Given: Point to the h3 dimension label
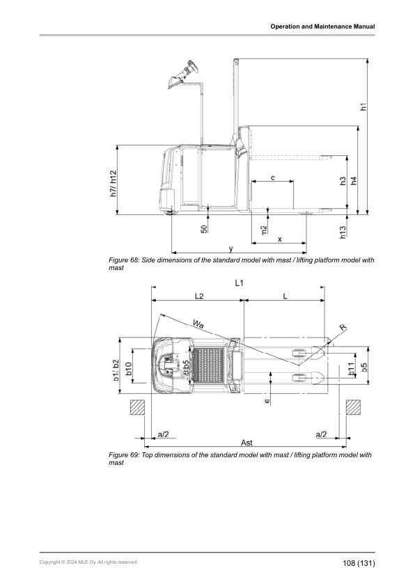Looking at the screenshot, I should (343, 181).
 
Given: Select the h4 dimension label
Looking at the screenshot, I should (354, 181).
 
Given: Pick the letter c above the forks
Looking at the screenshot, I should (272, 178).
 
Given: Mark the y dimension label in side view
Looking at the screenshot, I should (231, 248).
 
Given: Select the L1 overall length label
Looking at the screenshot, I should (239, 283).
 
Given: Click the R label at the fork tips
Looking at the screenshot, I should (343, 327).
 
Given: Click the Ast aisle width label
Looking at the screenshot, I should (246, 443).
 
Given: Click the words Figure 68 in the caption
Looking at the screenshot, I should (126, 260).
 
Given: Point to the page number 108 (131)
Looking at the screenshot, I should (359, 562).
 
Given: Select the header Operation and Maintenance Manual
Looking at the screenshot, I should (323, 26).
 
